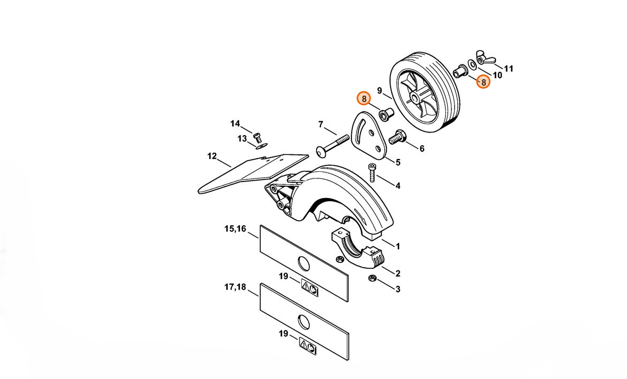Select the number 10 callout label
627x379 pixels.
point(497,75)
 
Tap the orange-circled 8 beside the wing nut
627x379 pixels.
point(483,82)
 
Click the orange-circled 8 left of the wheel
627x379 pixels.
point(364,98)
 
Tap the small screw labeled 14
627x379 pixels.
point(258,134)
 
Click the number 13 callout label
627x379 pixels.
point(242,139)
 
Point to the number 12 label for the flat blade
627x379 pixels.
point(212,156)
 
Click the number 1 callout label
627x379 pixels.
point(398,246)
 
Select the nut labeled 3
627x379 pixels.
point(372,278)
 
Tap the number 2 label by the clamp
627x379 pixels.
point(398,274)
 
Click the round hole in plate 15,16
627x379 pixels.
point(304,263)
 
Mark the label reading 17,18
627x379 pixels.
point(235,287)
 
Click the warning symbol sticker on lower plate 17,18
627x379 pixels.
point(308,345)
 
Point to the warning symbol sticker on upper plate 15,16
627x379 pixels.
point(309,288)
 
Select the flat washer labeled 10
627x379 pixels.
point(472,64)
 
